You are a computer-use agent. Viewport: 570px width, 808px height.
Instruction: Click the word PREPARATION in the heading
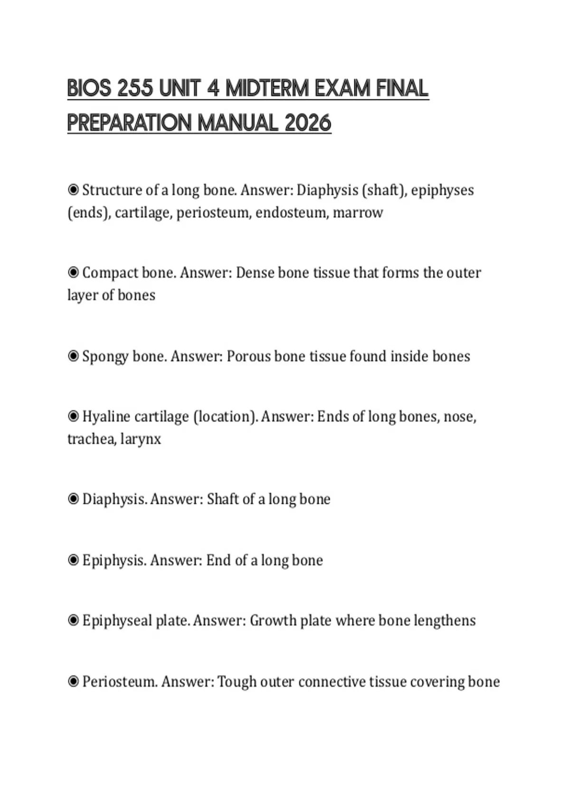click(129, 123)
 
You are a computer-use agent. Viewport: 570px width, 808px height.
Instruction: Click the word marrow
click(358, 212)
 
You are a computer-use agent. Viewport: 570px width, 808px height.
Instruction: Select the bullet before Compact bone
click(73, 272)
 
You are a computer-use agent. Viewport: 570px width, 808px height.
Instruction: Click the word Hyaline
click(106, 416)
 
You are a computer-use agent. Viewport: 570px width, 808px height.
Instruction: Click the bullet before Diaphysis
click(73, 499)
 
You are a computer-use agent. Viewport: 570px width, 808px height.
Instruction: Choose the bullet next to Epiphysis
click(73, 560)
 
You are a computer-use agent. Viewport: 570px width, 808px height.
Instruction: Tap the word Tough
click(234, 682)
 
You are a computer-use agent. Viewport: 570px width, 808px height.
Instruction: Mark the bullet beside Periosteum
click(73, 682)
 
